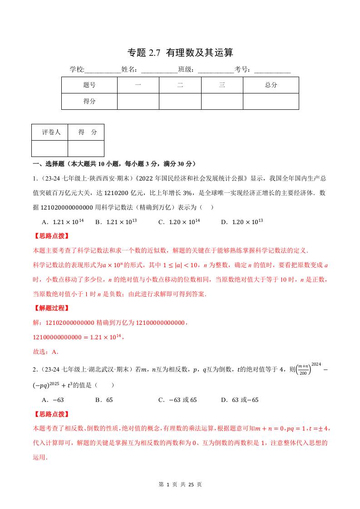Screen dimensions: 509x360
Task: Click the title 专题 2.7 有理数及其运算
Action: (180, 53)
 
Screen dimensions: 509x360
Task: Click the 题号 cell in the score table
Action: (89, 85)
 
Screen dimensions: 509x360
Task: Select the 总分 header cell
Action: (271, 85)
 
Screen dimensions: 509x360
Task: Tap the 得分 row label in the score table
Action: (89, 101)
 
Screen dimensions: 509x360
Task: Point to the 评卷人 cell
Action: (49, 132)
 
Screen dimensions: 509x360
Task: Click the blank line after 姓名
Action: (159, 70)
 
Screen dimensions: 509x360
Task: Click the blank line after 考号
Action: (272, 70)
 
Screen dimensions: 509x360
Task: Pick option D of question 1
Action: (242, 222)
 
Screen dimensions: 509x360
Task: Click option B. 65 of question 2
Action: (104, 400)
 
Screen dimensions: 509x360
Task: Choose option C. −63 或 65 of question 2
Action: (178, 400)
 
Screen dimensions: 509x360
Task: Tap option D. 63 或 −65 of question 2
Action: (240, 400)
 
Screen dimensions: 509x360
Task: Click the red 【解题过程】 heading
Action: (51, 308)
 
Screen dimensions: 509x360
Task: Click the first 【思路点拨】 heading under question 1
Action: (51, 236)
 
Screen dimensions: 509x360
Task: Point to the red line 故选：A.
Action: (46, 352)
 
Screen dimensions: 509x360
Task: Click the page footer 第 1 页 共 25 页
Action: (180, 485)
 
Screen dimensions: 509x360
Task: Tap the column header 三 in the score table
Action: (222, 85)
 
